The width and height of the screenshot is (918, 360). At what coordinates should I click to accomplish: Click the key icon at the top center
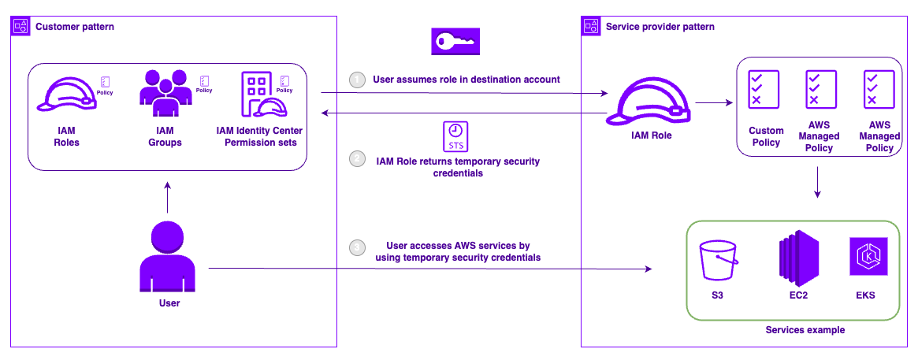(455, 41)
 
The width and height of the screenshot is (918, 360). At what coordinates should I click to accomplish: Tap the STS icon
(455, 137)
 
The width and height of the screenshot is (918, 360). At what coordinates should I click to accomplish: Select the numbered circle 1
(358, 80)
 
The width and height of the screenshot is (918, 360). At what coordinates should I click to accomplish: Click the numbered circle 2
(358, 159)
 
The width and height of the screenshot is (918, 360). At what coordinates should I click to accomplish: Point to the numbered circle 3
(358, 248)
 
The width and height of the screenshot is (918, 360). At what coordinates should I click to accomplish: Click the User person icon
(167, 256)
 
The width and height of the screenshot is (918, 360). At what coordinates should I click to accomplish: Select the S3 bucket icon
(718, 261)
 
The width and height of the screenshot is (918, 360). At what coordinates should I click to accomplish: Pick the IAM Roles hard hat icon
(67, 93)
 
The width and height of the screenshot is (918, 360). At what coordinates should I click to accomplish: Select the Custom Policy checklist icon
(764, 90)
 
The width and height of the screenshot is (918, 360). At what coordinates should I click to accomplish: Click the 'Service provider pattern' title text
(660, 27)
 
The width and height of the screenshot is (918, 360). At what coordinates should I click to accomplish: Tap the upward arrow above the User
(167, 198)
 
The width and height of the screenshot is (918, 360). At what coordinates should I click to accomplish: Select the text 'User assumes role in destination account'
(466, 80)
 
